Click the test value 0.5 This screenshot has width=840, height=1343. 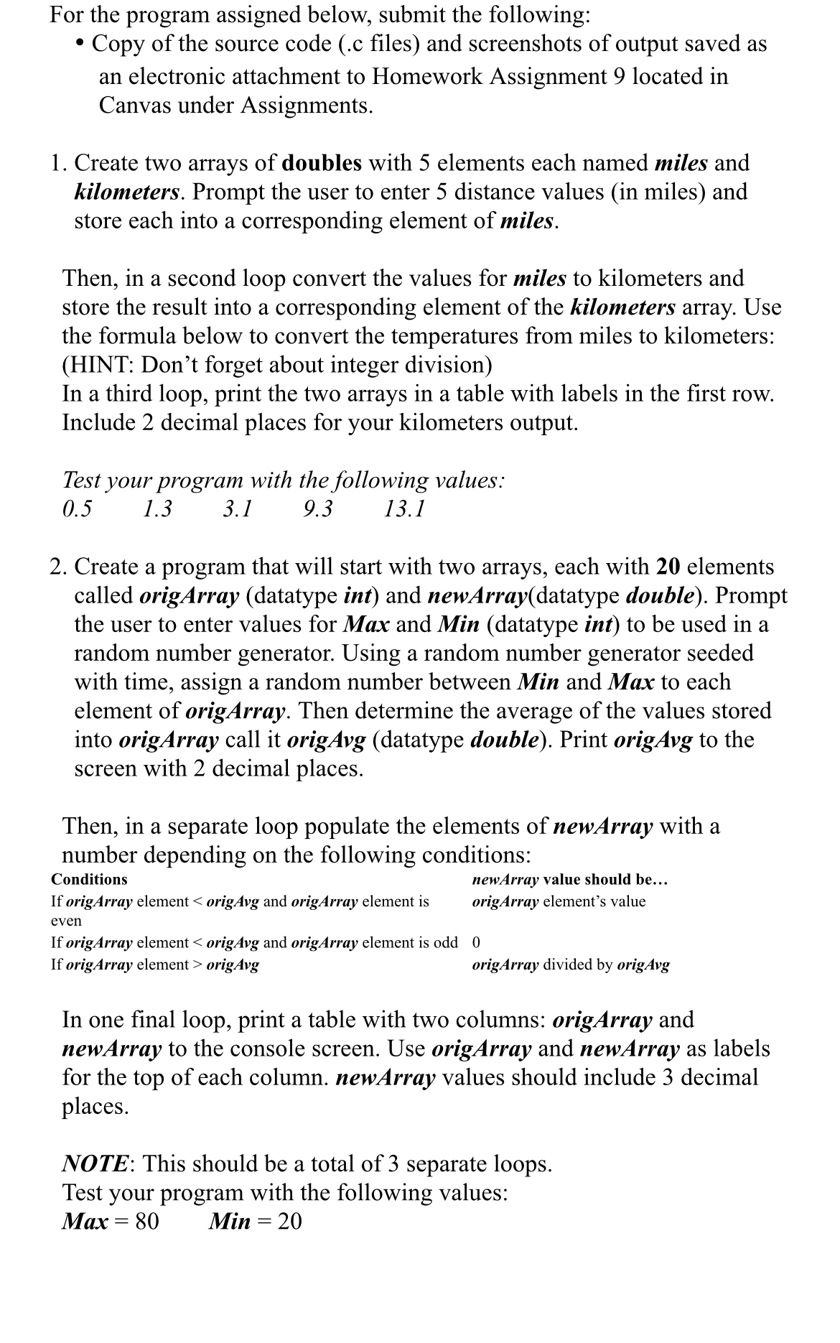click(77, 509)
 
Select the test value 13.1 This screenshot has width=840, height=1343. click(404, 509)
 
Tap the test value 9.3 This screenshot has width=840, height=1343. click(318, 509)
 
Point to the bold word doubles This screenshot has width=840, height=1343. click(322, 163)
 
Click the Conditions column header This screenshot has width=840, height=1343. click(89, 879)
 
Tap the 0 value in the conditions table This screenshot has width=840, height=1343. click(476, 942)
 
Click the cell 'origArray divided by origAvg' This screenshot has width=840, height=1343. click(571, 965)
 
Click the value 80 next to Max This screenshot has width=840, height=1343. click(146, 1221)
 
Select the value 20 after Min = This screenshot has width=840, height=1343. click(289, 1221)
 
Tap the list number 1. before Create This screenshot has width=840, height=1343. click(60, 163)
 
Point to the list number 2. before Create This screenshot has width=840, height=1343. click(60, 567)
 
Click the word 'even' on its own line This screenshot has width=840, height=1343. click(66, 921)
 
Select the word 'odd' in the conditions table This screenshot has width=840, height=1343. click(445, 942)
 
